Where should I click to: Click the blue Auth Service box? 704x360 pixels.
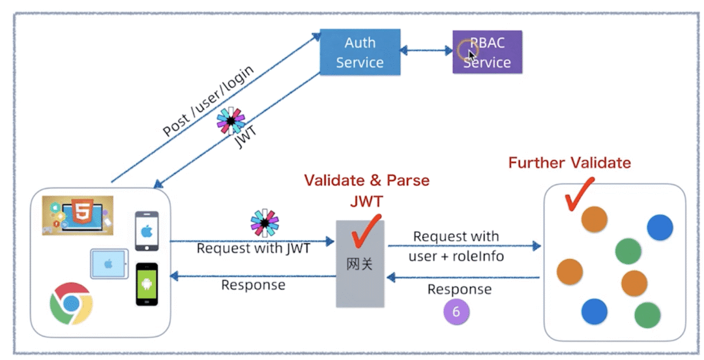[360, 52]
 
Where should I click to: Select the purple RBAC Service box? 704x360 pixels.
[487, 52]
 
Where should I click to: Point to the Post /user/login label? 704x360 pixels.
[208, 100]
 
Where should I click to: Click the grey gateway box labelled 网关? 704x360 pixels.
[360, 263]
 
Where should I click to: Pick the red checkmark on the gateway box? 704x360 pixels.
[366, 232]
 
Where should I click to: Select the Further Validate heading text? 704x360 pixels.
[569, 162]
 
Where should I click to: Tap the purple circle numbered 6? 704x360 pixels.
[456, 312]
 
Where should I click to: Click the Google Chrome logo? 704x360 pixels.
[71, 303]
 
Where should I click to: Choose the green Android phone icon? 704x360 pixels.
[147, 284]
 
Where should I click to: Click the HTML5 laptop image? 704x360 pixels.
[78, 215]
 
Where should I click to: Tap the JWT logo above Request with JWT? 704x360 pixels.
[265, 222]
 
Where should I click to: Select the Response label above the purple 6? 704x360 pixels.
[460, 289]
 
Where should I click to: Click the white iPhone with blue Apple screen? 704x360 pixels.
[147, 230]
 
